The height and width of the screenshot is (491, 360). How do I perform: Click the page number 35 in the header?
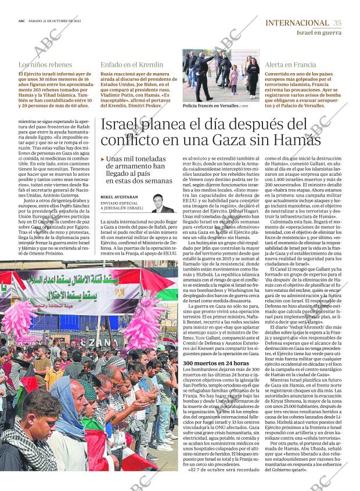click(x=337, y=23)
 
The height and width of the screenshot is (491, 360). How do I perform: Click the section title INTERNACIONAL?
click(x=297, y=23)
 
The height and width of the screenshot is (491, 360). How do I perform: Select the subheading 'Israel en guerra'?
click(x=319, y=33)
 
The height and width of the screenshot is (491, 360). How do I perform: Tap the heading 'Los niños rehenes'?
click(x=45, y=65)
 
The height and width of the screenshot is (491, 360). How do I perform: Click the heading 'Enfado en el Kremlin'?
click(x=132, y=65)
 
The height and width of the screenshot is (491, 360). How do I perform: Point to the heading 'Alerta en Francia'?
click(x=290, y=65)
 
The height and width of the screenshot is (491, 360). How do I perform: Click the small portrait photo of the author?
click(x=162, y=203)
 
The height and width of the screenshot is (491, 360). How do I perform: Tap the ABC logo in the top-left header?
click(x=21, y=20)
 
